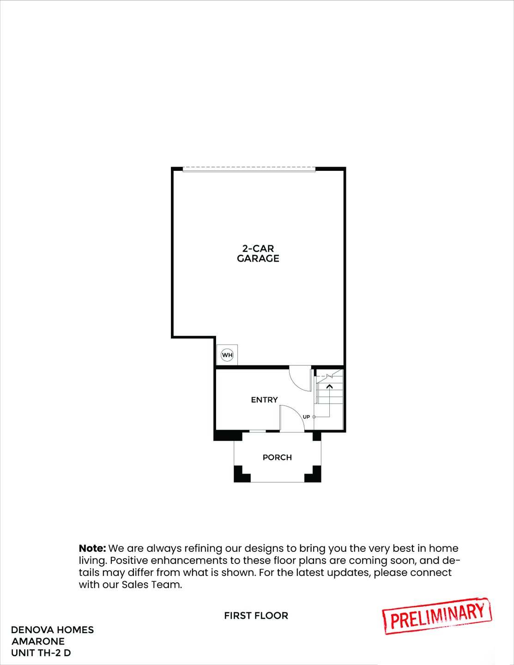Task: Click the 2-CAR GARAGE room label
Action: point(258,254)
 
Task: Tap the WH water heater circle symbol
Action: point(227,355)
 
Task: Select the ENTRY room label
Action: point(264,400)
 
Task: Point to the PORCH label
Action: point(277,457)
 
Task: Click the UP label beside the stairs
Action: point(306,417)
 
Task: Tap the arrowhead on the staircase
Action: point(329,386)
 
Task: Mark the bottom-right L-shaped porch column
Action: point(314,474)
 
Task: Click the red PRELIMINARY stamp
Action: point(437,616)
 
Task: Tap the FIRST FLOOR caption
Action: point(256,616)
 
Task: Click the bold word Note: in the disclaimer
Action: point(92,549)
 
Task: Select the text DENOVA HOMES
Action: point(52,630)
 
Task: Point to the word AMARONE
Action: point(38,641)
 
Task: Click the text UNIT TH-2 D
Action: point(41,653)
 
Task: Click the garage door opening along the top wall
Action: point(249,170)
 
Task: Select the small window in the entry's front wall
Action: point(257,431)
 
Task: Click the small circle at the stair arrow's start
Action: point(314,417)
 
